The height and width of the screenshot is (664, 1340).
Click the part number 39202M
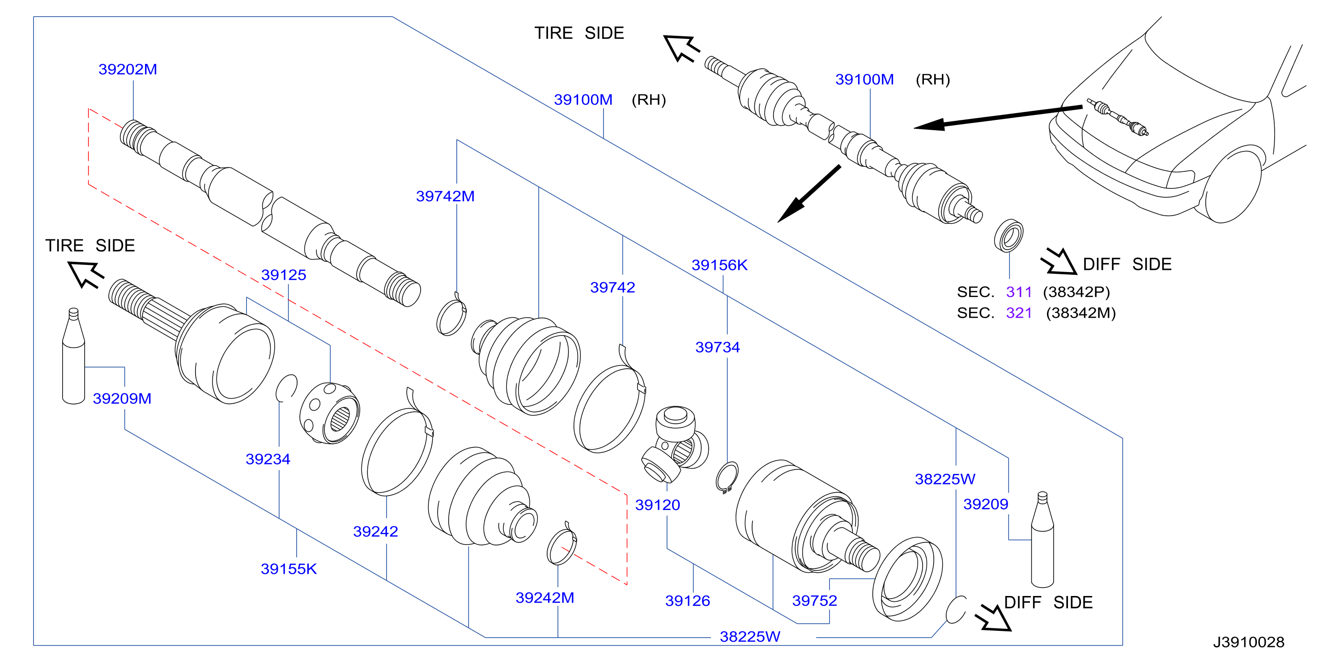[128, 69]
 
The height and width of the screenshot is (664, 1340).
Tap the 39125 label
[284, 275]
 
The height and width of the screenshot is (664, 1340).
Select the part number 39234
[268, 459]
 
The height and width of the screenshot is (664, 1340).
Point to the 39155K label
[289, 569]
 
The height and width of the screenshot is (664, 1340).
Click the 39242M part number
[545, 597]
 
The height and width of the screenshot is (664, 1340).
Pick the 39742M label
[445, 196]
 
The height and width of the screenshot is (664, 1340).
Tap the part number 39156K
[719, 265]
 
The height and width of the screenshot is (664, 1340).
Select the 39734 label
[718, 347]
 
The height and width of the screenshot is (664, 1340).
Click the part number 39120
[658, 505]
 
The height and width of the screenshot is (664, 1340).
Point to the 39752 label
[815, 600]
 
